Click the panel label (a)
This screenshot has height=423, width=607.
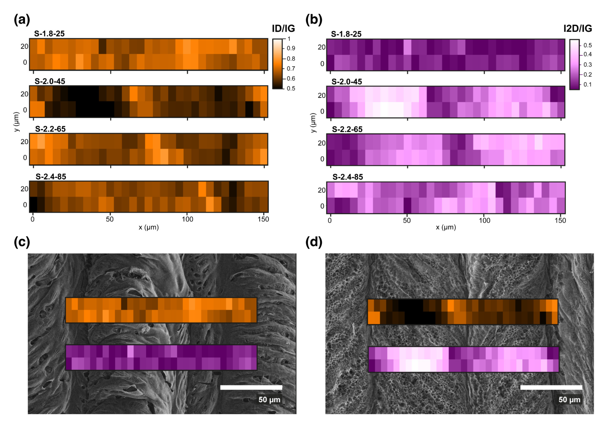point(22,20)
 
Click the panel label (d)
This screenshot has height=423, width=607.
point(314,242)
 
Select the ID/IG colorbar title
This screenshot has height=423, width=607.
point(283,28)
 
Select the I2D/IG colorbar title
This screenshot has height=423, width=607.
point(578,28)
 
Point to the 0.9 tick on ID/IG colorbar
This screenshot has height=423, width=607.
point(291,48)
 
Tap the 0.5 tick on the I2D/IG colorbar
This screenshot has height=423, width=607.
point(587,45)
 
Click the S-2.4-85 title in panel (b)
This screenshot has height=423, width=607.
point(348,177)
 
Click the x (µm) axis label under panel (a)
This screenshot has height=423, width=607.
point(149,227)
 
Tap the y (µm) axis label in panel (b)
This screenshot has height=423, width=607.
point(313,123)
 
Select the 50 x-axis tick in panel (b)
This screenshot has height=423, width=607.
point(407,221)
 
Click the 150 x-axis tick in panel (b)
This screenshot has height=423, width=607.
point(560,221)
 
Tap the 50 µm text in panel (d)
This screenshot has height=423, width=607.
point(569,399)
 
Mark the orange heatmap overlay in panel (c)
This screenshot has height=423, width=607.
point(161,310)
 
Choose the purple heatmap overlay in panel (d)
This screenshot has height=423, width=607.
point(463,359)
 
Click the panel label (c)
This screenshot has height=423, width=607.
point(22,242)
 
